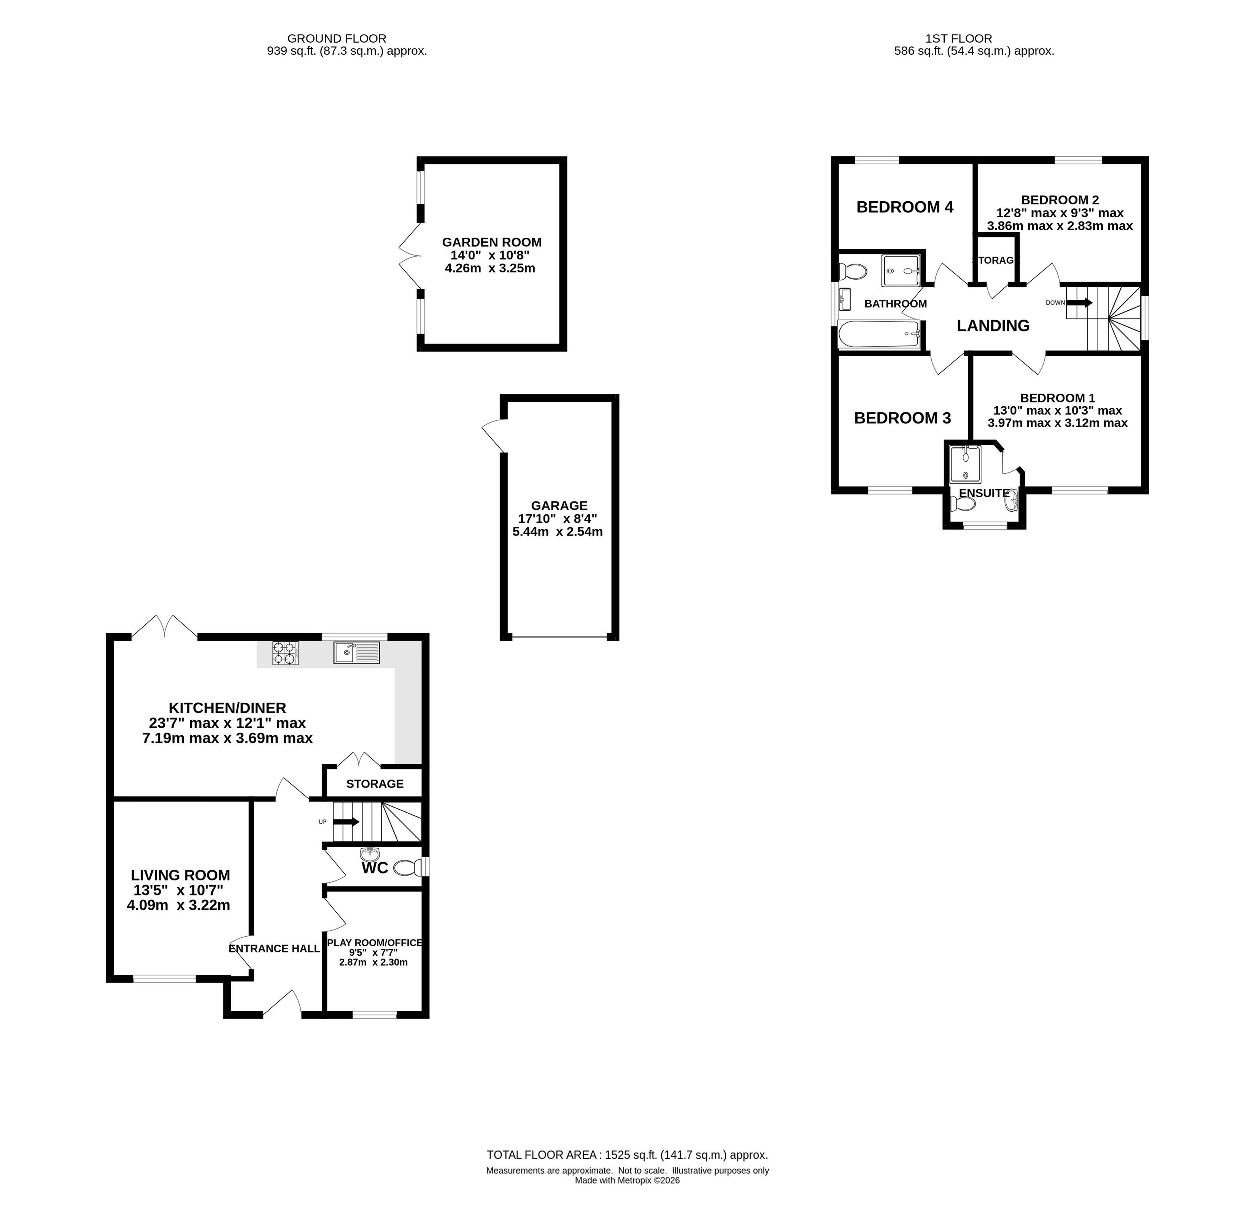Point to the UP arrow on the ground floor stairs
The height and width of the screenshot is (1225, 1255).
347,822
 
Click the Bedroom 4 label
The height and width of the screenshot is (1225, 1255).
904,207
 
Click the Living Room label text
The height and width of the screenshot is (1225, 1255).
180,875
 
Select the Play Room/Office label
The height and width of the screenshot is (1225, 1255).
374,943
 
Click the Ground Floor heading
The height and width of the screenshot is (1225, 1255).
337,38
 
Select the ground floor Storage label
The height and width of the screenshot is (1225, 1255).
374,784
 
